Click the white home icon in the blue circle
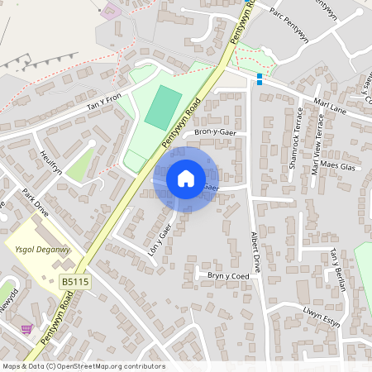(185, 178)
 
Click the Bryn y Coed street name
(228, 276)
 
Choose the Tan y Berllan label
(336, 269)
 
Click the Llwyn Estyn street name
(322, 317)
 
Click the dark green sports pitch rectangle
(163, 107)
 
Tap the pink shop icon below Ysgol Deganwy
(26, 328)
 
